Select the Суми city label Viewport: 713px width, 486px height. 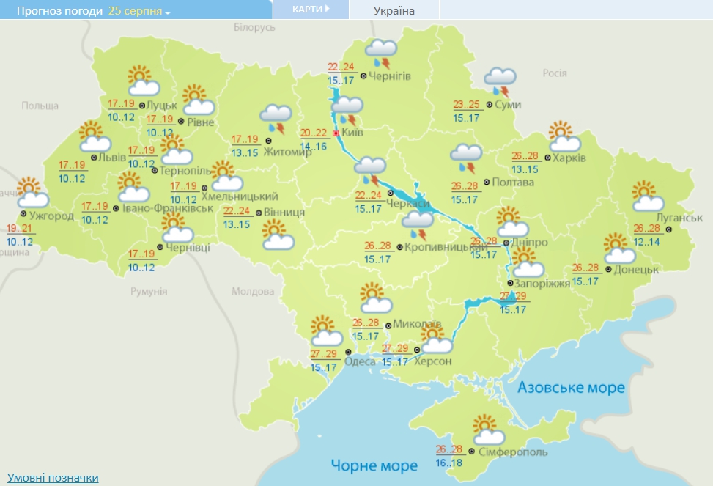(508, 105)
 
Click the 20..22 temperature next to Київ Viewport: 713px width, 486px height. (314, 133)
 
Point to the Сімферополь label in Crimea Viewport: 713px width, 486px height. (512, 452)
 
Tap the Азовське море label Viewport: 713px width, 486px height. (572, 387)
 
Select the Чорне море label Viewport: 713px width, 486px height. (374, 465)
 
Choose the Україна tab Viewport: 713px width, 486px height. (394, 10)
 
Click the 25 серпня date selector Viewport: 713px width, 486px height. (138, 12)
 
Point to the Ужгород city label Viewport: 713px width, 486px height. (51, 216)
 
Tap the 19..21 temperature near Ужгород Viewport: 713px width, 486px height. (20, 229)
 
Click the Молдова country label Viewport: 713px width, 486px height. (252, 291)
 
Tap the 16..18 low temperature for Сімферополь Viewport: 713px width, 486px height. (449, 463)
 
